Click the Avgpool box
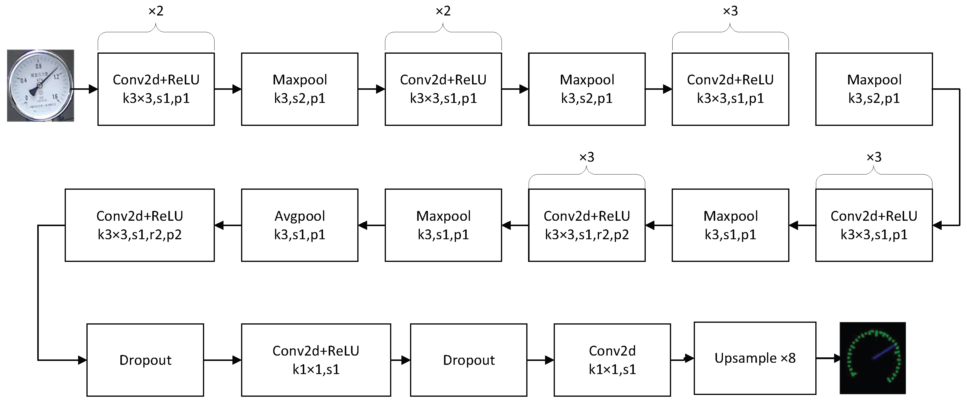[x=299, y=225]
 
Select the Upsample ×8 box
[x=755, y=358]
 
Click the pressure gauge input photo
[x=41, y=86]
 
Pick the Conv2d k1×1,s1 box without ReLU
[x=612, y=360]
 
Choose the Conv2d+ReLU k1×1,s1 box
[x=316, y=360]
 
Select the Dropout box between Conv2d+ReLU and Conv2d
[x=468, y=360]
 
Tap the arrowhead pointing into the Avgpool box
[x=363, y=225]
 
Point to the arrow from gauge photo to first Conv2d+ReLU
[x=84, y=89]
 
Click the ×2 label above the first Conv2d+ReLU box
[x=156, y=11]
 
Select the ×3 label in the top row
[x=730, y=11]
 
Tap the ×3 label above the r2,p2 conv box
[x=586, y=157]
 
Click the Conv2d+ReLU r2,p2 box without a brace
[x=140, y=225]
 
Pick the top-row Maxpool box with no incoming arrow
[x=874, y=89]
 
